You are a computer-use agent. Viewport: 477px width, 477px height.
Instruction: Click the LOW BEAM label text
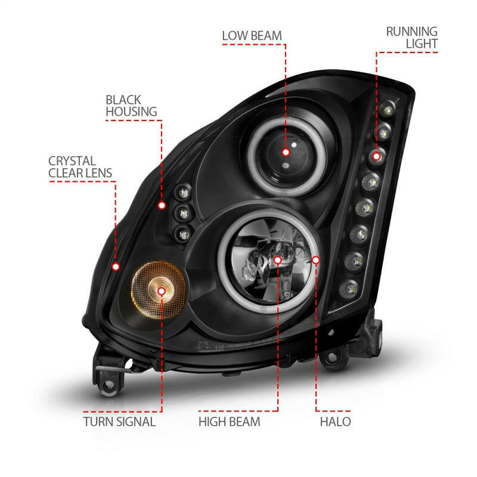coord(251,35)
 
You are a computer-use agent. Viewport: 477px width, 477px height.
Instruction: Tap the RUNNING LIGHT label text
coord(411,37)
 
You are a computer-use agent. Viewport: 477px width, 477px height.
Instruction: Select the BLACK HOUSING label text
coord(131,105)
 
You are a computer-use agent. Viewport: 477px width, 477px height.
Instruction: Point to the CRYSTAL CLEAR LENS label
coord(80,167)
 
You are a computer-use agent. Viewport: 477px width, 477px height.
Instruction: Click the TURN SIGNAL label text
coord(119,422)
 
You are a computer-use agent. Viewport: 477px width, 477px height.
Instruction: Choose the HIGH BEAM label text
coord(230,422)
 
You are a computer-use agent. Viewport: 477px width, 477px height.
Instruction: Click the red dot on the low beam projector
coord(286,152)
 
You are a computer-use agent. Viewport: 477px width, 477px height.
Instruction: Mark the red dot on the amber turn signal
coord(162,290)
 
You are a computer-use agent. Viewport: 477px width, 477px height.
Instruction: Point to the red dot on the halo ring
coord(316,260)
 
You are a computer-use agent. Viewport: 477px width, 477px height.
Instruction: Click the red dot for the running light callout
coord(376,156)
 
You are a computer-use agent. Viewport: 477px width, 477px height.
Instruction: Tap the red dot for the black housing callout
coord(162,205)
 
